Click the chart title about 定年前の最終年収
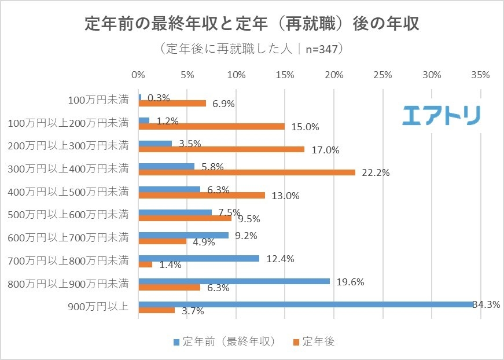tap(252, 24)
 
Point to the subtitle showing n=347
tap(252, 49)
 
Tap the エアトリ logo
tap(441, 115)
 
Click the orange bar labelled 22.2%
tap(247, 172)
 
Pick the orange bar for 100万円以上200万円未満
tap(212, 126)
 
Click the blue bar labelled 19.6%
tap(234, 281)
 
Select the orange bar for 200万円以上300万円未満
tap(222, 149)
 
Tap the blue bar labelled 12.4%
tap(199, 258)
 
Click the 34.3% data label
tap(487, 304)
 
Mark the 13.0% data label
tap(285, 196)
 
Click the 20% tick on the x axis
tap(334, 75)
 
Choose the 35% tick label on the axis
tap(481, 75)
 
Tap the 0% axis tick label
tap(138, 75)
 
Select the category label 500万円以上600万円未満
tap(69, 215)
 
